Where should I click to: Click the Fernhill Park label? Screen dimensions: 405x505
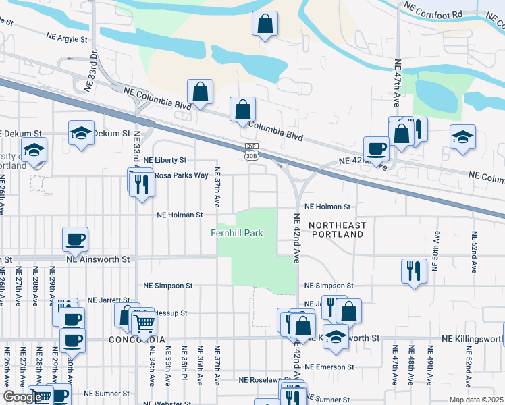pyautogui.click(x=236, y=234)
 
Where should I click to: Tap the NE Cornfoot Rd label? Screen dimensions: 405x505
pyautogui.click(x=433, y=9)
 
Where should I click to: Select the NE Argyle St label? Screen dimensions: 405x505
pyautogui.click(x=68, y=39)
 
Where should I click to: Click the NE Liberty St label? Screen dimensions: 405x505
pyautogui.click(x=165, y=160)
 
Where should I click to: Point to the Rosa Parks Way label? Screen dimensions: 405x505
pyautogui.click(x=181, y=175)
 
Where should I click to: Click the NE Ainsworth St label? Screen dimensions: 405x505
pyautogui.click(x=97, y=259)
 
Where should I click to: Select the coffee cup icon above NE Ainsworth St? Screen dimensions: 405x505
pyautogui.click(x=75, y=239)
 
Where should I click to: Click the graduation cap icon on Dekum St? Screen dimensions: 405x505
pyautogui.click(x=81, y=133)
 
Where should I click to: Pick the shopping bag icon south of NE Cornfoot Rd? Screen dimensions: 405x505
pyautogui.click(x=265, y=24)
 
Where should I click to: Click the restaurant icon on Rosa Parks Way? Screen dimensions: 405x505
pyautogui.click(x=141, y=183)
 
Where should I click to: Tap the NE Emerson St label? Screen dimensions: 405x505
pyautogui.click(x=329, y=367)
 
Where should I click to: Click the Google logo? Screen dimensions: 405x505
pyautogui.click(x=22, y=398)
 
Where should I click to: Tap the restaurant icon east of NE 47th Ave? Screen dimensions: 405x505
pyautogui.click(x=413, y=271)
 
